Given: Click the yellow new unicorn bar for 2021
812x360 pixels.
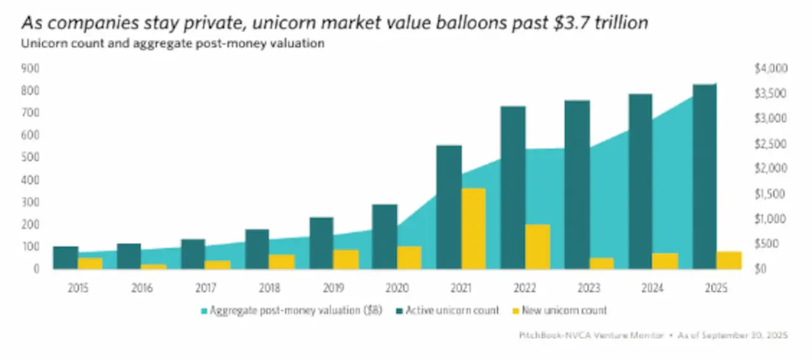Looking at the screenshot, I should click(473, 228).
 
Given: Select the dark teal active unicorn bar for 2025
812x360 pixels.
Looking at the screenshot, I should click(704, 176).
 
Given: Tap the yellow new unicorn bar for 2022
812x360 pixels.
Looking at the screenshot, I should click(537, 246).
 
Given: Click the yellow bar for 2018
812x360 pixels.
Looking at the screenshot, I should click(281, 261).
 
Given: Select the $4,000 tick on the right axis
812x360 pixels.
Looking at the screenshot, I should click(771, 68).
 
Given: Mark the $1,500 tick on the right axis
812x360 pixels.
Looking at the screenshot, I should click(771, 194).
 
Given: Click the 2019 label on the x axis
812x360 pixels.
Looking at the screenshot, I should click(334, 288).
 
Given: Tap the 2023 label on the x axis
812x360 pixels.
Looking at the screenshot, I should click(589, 288).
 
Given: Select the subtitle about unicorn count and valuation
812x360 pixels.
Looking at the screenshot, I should click(173, 44).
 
